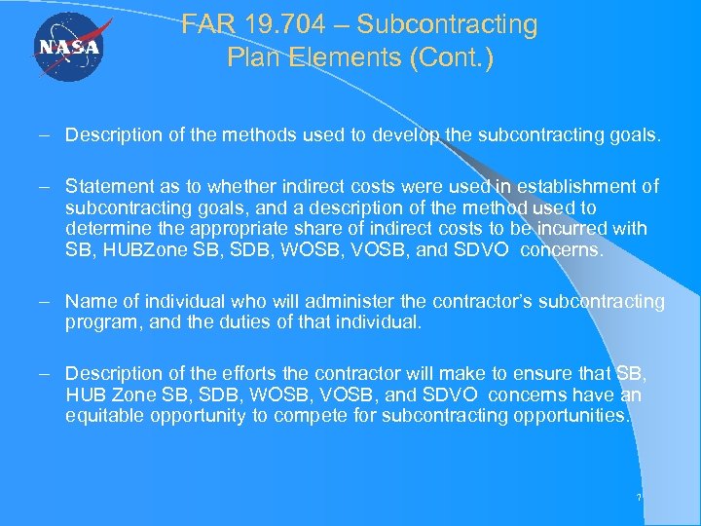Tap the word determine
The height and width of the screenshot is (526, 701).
[x=102, y=229]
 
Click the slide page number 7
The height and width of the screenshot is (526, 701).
[x=639, y=498]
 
